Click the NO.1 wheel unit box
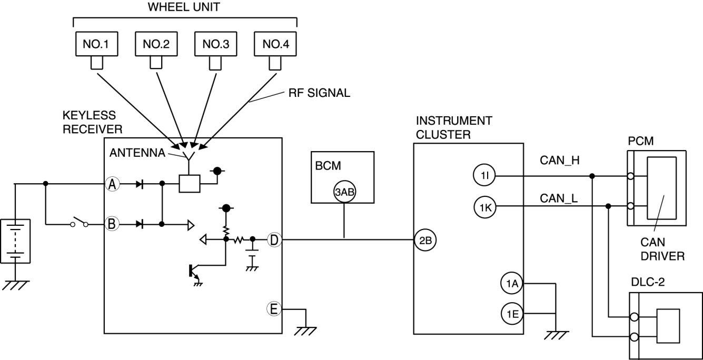coord(97,44)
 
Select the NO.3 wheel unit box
coord(215,44)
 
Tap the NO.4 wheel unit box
coord(275,44)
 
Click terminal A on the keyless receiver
coord(112,184)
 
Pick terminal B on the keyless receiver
coord(112,224)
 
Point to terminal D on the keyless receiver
coord(274,240)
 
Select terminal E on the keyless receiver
coord(274,309)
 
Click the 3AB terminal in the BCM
coord(344,192)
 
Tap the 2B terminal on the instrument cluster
coord(425,241)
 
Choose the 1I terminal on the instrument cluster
coord(484,176)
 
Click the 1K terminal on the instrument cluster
coord(485,207)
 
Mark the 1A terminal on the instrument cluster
coord(511,283)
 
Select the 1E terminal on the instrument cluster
coord(512,314)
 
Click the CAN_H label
coord(560,161)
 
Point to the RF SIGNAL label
coord(319,93)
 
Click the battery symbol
coord(15,241)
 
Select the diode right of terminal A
coord(140,184)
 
